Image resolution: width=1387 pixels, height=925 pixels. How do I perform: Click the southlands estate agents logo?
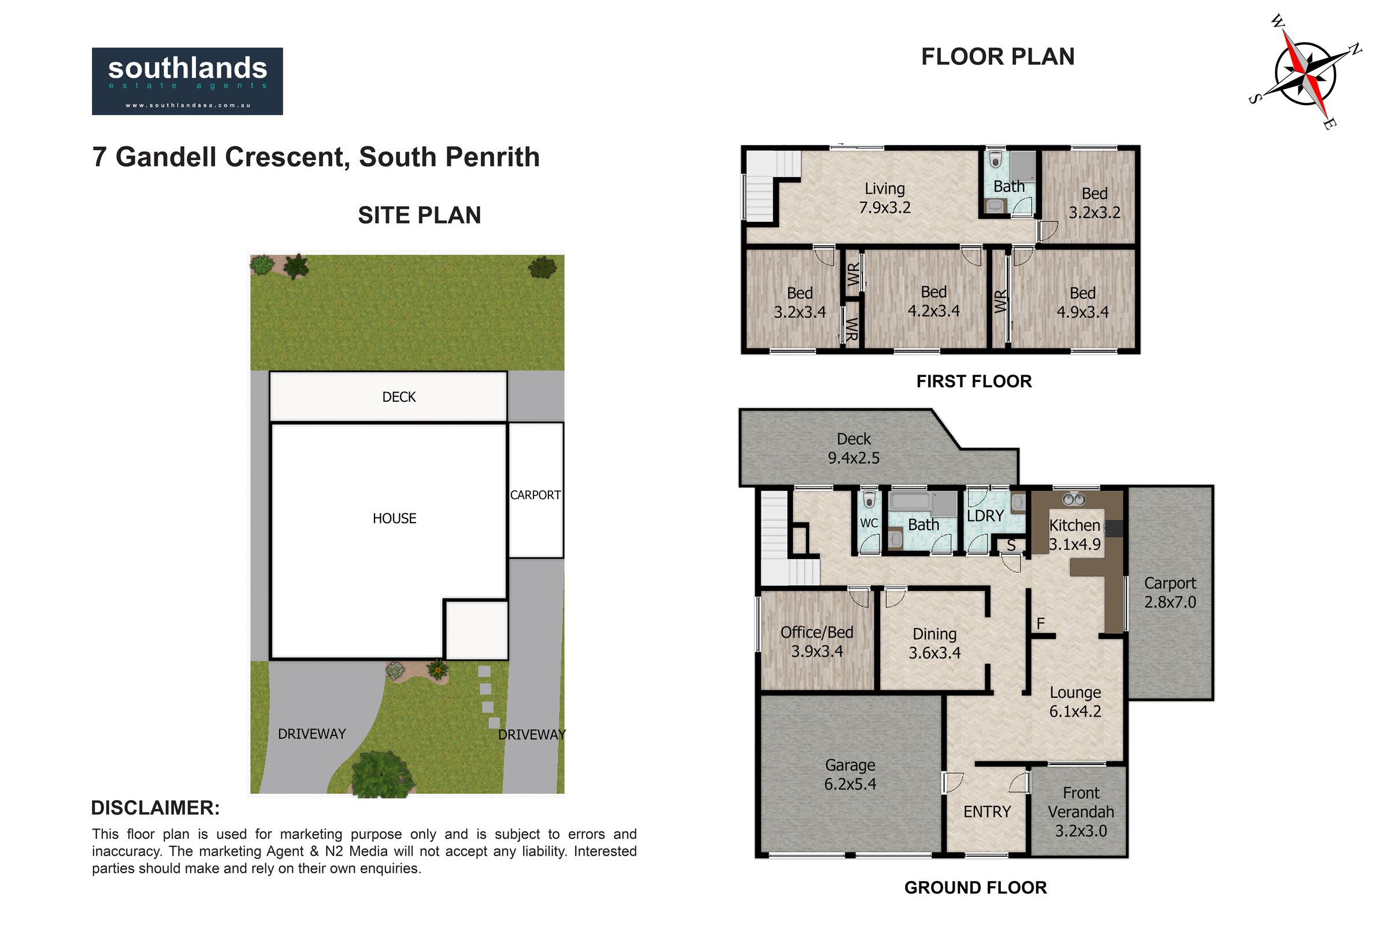tap(187, 81)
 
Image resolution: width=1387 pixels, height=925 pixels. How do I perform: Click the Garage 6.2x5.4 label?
tap(850, 775)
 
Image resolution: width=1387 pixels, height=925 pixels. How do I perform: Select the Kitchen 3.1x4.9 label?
tap(1074, 534)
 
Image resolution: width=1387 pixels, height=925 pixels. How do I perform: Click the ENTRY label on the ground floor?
tap(987, 812)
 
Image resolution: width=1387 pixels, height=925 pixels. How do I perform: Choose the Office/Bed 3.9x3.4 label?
tap(817, 642)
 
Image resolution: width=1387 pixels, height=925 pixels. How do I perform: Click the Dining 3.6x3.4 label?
tap(934, 643)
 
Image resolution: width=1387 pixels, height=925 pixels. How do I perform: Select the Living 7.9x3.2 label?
tap(885, 198)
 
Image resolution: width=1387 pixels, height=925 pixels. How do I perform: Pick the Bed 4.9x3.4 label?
tap(1082, 302)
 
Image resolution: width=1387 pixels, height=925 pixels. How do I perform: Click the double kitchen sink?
tap(1074, 499)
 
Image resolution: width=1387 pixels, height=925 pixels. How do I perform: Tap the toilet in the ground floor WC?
tap(868, 499)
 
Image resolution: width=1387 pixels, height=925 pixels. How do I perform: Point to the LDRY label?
tap(985, 516)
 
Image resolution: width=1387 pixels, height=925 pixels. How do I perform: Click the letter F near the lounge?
tap(1041, 623)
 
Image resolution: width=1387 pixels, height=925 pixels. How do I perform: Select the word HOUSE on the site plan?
tap(395, 519)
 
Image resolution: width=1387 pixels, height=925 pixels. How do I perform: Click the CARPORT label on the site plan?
tap(536, 495)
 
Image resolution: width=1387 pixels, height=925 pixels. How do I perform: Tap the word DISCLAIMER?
tap(155, 808)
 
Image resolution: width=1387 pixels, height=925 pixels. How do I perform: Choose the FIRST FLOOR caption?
tap(974, 381)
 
